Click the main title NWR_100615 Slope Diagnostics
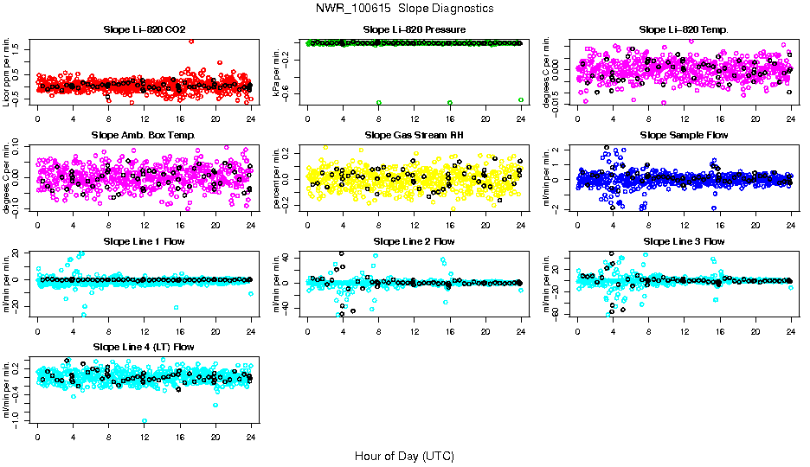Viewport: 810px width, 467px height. (404, 8)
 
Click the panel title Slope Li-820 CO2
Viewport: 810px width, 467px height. (145, 29)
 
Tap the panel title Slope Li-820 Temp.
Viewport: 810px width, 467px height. (684, 29)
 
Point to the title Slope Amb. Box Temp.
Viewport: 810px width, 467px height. (145, 135)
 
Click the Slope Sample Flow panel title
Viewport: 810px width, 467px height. (684, 135)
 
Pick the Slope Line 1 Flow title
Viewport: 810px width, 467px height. (145, 240)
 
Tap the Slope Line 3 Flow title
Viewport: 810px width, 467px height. (684, 240)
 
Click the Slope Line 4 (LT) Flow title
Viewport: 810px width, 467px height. (145, 347)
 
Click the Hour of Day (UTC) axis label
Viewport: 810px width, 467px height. (404, 456)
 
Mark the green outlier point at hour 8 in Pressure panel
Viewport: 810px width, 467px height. (379, 102)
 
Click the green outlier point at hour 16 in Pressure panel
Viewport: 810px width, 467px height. (450, 102)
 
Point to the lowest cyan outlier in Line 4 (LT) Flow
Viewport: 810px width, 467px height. (145, 421)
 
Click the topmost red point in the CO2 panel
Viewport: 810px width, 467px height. (190, 42)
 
